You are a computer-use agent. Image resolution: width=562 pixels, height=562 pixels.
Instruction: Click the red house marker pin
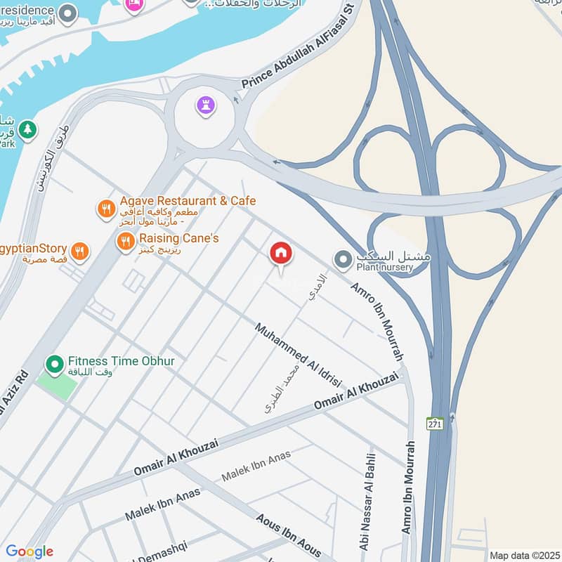[x=281, y=254]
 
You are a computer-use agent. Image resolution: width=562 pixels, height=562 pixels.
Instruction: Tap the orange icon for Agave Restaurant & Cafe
[x=106, y=209]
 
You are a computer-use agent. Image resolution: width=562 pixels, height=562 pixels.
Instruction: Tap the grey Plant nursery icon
[x=343, y=261]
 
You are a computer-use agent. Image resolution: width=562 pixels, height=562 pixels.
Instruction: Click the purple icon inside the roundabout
[x=206, y=107]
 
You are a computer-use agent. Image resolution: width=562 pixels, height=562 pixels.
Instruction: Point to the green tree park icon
[x=27, y=129]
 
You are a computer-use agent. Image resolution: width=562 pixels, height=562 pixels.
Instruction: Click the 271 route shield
[x=434, y=423]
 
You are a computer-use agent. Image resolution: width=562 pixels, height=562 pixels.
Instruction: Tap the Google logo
[x=29, y=551]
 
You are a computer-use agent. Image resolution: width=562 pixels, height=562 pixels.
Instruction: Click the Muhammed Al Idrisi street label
[x=298, y=355]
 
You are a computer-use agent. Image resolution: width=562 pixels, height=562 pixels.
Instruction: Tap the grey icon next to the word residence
[x=68, y=13]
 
